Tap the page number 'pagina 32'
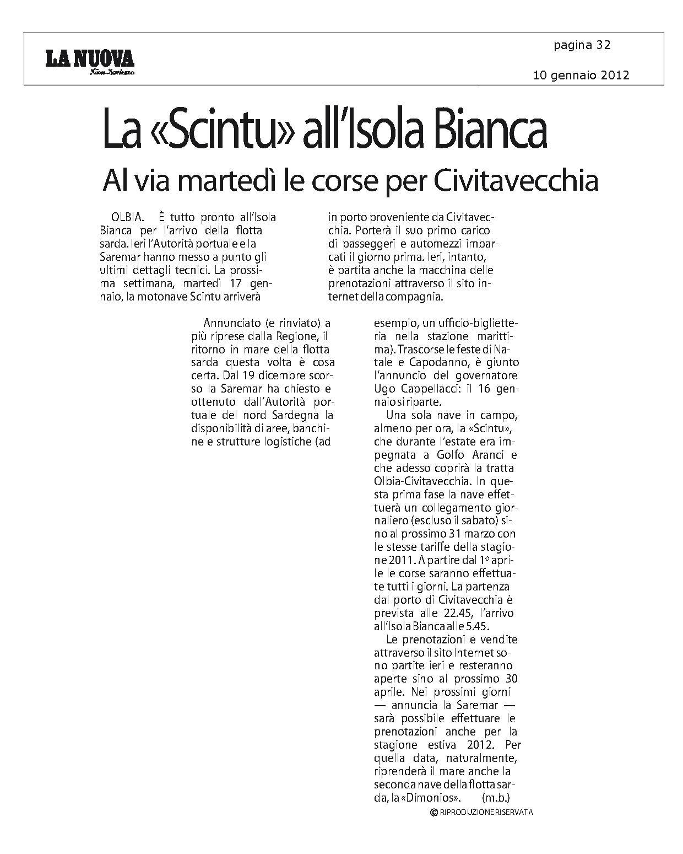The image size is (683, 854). point(582,45)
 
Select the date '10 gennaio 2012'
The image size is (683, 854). point(581,75)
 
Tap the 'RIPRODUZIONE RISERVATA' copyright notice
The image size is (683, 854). point(482,812)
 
